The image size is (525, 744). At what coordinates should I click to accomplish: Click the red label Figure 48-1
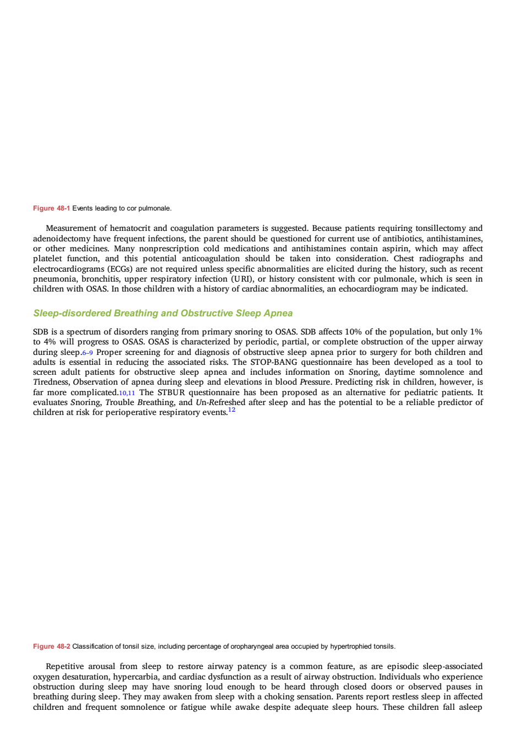[x=51, y=208]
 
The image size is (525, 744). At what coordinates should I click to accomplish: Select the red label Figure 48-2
[x=51, y=646]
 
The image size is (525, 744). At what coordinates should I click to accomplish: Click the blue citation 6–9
[x=88, y=353]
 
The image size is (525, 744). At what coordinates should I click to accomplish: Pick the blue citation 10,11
[x=127, y=393]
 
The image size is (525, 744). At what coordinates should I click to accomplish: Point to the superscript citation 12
[x=232, y=409]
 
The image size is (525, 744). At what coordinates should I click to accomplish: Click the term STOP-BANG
[x=274, y=362]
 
